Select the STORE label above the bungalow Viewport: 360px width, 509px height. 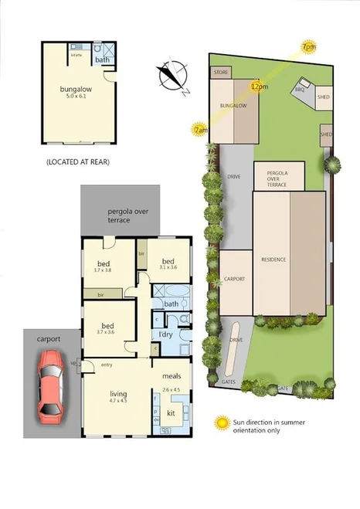[x=220, y=72]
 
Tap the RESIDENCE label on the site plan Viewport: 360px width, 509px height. [x=273, y=259]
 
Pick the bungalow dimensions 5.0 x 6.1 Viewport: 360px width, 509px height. [x=76, y=97]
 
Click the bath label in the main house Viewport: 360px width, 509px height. [x=171, y=304]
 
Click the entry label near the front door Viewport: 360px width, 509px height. [x=106, y=365]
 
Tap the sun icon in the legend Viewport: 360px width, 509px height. [x=223, y=422]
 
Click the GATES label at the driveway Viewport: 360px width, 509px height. [x=229, y=381]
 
